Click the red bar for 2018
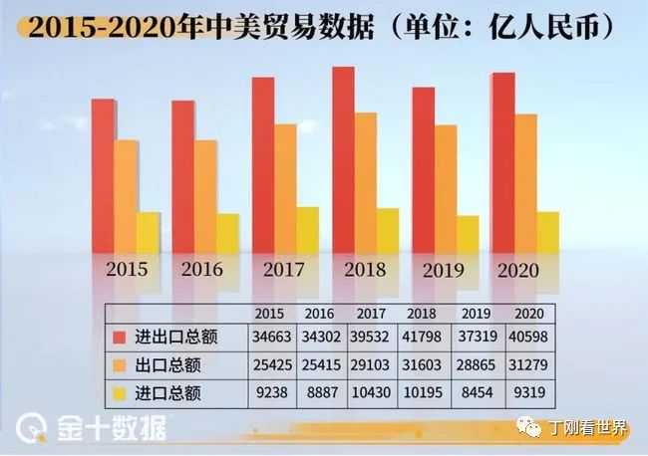(x=344, y=159)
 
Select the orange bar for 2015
(x=126, y=194)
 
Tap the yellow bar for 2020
(x=547, y=231)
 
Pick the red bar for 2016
(x=182, y=174)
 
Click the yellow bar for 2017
(x=307, y=229)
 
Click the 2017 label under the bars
(x=285, y=270)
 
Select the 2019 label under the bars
(x=445, y=270)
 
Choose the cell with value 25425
(x=270, y=365)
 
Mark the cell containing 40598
(x=521, y=338)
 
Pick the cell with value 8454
(x=472, y=393)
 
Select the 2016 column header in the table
(x=320, y=312)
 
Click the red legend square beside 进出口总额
(x=121, y=338)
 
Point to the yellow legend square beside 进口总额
(x=121, y=393)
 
